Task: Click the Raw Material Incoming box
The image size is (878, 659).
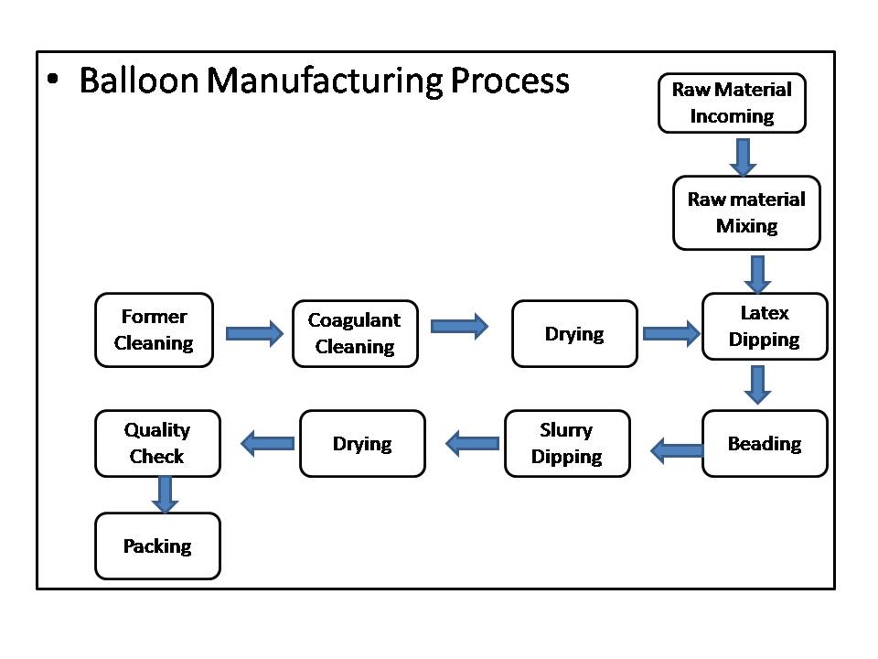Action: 732,103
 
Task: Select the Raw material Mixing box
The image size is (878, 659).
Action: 746,212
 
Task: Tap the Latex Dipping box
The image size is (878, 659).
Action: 764,327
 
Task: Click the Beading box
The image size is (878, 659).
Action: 764,444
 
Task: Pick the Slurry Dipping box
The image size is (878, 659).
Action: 567,444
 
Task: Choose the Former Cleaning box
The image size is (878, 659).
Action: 155,330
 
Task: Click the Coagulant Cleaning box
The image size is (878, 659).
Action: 355,333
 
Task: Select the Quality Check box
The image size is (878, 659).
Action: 157,443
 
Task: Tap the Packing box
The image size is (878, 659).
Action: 157,546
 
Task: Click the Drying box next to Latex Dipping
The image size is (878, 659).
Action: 574,334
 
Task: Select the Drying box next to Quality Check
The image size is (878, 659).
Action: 362,444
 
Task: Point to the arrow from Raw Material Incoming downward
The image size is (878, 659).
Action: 744,157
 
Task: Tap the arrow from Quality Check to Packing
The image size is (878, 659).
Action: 165,494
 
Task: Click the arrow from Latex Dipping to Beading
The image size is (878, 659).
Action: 758,384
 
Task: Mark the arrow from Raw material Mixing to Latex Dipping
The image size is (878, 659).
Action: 757,274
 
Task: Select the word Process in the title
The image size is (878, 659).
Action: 509,81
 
